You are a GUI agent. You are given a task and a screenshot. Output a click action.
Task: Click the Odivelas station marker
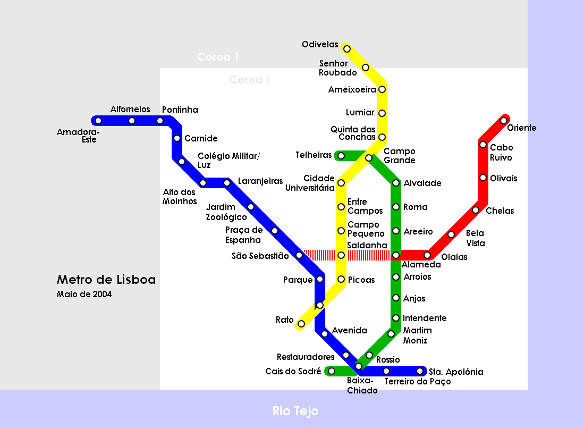tap(347, 49)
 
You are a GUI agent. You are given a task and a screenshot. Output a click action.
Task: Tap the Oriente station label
tap(522, 128)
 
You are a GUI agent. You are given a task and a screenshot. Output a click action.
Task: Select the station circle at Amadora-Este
tap(98, 121)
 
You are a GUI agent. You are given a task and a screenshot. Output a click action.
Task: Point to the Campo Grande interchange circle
tap(369, 158)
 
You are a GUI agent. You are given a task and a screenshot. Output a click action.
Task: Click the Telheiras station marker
tap(341, 156)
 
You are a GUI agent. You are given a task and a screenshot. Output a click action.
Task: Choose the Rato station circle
tap(301, 324)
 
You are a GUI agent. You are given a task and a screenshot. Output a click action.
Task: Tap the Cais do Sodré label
tap(293, 372)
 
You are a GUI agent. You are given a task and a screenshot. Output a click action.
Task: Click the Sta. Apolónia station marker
tap(420, 371)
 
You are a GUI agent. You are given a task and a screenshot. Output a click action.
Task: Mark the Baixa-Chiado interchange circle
tap(359, 366)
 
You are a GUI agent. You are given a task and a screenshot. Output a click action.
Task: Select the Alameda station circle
tap(396, 255)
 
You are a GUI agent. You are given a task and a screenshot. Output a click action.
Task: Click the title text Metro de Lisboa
tap(106, 280)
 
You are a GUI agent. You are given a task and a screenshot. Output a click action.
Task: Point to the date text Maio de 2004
tap(84, 294)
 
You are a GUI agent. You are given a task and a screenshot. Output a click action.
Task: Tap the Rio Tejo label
tap(295, 411)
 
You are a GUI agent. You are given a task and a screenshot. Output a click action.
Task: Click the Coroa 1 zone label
tap(218, 57)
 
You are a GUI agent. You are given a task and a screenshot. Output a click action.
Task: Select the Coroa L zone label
tap(250, 80)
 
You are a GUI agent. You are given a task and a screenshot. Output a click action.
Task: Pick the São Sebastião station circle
tap(299, 255)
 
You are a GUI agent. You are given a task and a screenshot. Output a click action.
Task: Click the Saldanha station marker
tap(341, 255)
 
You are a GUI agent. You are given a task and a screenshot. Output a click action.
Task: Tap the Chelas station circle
tap(476, 210)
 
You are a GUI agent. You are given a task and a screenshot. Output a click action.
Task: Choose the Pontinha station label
tap(180, 110)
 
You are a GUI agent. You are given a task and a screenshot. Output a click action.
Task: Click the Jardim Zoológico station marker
tap(251, 207)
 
